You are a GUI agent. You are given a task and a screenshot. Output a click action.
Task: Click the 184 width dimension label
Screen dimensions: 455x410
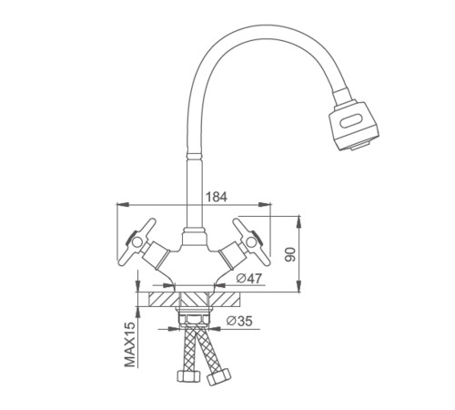[x=217, y=197]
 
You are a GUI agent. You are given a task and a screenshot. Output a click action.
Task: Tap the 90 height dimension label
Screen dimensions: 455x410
[x=290, y=254]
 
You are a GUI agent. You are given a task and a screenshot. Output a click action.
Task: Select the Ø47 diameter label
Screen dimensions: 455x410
[x=249, y=279]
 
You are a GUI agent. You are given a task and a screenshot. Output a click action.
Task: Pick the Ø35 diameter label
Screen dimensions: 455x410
[x=239, y=321]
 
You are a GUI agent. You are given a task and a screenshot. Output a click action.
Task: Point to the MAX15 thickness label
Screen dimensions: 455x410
[x=130, y=344]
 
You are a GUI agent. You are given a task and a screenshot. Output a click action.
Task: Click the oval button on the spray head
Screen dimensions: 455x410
[x=352, y=121]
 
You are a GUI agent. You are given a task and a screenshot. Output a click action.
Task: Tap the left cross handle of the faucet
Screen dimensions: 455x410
[x=136, y=241]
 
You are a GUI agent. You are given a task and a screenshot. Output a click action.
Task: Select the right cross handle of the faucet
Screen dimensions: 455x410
[x=251, y=241]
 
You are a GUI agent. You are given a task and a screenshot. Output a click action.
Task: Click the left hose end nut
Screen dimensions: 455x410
[x=188, y=375]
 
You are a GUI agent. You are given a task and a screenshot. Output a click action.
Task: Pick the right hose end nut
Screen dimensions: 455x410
[x=218, y=376]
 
